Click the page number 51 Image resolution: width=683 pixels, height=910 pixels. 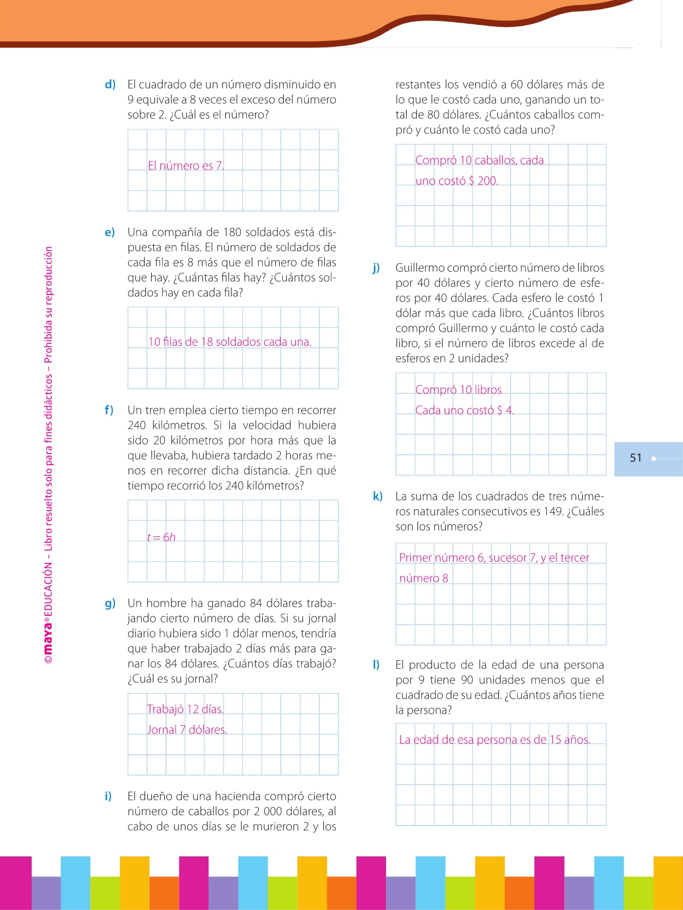[x=635, y=458]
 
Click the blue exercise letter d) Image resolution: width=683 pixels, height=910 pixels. [x=110, y=84]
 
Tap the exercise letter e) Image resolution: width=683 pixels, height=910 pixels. [x=110, y=232]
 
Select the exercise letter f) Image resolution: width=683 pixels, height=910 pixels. [x=109, y=410]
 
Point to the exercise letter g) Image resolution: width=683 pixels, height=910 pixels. [x=110, y=603]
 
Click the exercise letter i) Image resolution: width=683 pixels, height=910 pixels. [x=108, y=796]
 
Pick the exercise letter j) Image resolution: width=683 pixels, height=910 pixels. [x=376, y=268]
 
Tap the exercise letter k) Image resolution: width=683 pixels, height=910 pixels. [x=377, y=496]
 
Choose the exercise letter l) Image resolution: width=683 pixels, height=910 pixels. [x=376, y=665]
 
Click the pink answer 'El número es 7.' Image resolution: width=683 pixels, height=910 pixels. [x=186, y=166]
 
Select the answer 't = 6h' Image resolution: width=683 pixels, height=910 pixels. [x=161, y=537]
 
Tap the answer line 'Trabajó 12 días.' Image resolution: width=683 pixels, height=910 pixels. [x=185, y=709]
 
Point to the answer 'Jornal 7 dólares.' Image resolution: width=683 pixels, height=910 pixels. [x=187, y=730]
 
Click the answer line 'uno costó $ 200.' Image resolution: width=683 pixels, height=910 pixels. [x=456, y=181]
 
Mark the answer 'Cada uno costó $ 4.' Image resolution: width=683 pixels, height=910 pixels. [x=464, y=411]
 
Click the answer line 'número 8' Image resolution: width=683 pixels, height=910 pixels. [x=423, y=578]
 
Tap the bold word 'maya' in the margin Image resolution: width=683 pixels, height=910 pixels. [x=48, y=638]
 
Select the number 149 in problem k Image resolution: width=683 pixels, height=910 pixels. [x=553, y=512]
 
